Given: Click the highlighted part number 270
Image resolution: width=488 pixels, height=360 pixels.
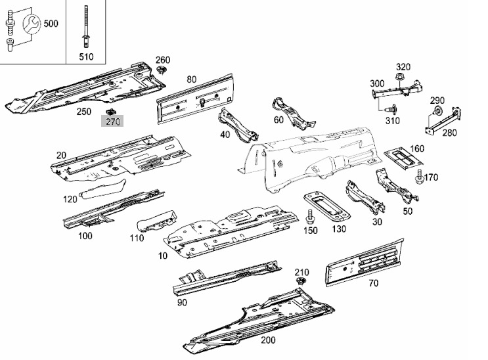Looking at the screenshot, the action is (112, 121).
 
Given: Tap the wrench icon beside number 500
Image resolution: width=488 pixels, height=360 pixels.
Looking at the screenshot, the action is (31, 24).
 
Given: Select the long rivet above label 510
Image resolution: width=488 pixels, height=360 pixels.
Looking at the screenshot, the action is (85, 28).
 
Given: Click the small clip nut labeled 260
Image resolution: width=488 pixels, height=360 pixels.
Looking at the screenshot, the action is (162, 70).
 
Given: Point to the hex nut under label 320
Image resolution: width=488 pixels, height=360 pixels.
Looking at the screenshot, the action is (399, 77).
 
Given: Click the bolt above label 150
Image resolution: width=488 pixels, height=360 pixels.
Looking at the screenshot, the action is (309, 216).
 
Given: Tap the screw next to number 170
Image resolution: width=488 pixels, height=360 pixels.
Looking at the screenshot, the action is (419, 177).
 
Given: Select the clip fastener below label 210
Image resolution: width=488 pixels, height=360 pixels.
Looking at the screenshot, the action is (300, 282).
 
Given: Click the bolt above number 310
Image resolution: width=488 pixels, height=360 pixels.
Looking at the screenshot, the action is (391, 109).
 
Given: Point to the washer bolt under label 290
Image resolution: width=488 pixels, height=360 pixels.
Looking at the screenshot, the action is (437, 110).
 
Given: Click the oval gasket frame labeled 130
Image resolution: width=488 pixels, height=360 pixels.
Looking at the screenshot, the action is (327, 207).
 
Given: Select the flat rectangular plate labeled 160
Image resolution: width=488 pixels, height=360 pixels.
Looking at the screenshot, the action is (403, 157).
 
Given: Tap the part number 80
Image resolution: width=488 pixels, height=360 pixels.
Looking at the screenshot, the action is (192, 79).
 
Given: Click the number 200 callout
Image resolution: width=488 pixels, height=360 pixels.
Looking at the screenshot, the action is (268, 340).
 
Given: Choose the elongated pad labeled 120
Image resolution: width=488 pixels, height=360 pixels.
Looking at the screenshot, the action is (103, 189).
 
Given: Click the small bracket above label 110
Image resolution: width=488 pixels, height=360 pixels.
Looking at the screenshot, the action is (156, 221).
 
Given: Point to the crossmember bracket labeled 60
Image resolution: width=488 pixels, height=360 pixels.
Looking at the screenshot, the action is (292, 114).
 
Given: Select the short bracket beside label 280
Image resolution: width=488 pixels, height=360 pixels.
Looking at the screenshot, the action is (443, 122).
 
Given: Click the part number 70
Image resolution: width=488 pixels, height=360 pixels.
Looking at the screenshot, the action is (374, 283).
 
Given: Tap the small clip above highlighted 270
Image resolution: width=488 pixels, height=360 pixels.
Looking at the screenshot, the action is (110, 112).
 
